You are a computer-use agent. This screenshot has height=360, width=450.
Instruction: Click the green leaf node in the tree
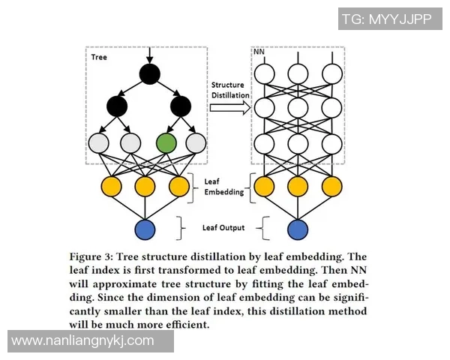click(166, 142)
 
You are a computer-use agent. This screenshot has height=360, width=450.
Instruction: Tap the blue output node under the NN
click(298, 230)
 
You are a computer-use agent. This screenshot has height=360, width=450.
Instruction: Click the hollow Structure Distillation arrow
click(229, 108)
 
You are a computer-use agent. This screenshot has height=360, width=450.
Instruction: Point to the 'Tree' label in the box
click(99, 57)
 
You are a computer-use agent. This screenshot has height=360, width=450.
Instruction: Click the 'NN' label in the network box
click(259, 54)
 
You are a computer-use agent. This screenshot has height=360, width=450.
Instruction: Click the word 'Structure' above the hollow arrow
click(228, 85)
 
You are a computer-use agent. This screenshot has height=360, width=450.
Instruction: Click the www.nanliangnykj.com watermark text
click(83, 340)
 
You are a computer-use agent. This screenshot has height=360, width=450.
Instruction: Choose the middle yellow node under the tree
click(145, 185)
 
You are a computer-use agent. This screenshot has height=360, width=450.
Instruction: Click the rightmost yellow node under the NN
click(331, 185)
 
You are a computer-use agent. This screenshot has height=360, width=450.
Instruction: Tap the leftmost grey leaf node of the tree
click(100, 142)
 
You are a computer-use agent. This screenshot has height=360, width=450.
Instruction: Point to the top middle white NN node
click(298, 73)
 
